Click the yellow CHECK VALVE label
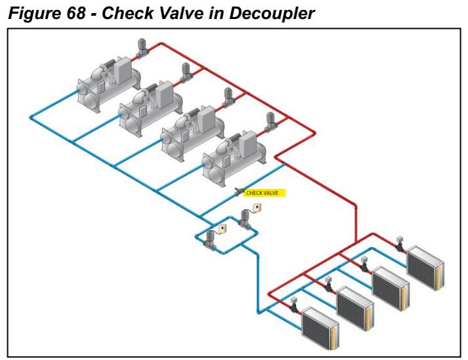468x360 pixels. point(266,193)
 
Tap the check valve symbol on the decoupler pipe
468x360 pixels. point(238,191)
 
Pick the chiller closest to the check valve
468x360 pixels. point(232,153)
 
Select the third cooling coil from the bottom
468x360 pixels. point(390,287)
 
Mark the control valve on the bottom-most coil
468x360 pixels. point(295,305)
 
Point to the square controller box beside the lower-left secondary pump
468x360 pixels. point(223,228)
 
